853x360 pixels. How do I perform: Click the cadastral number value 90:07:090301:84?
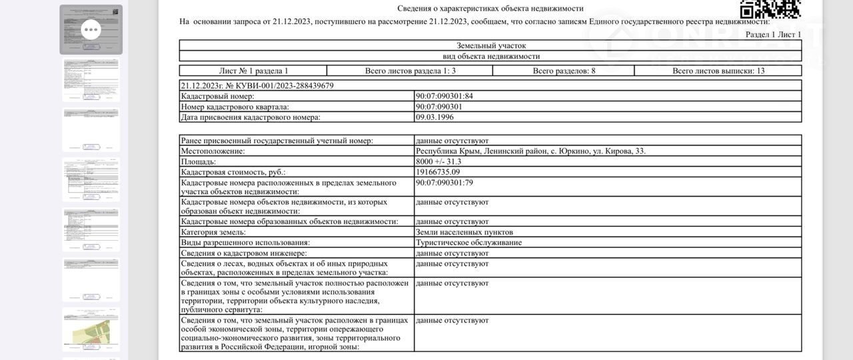coord(444,96)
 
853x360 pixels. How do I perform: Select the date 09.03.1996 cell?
coord(434,117)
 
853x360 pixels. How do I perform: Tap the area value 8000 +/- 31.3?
coord(438,161)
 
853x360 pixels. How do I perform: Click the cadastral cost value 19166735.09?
coord(438,172)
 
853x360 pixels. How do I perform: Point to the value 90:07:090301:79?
coord(444,182)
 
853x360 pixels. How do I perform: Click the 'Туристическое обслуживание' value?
coord(468,243)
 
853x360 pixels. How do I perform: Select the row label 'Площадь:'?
coord(199,161)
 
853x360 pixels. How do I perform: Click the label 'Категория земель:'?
coord(213,232)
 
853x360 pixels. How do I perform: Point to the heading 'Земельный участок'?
coord(491,46)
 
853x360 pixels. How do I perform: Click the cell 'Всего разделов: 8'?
coord(564,71)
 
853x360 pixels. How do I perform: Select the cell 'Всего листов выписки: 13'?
coord(718,71)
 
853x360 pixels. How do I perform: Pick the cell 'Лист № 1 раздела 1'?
coord(253,71)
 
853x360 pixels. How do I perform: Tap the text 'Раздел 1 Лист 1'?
coord(773,34)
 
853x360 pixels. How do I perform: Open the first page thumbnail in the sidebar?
coord(91,29)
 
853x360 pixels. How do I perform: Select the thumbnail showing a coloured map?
coord(91,330)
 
